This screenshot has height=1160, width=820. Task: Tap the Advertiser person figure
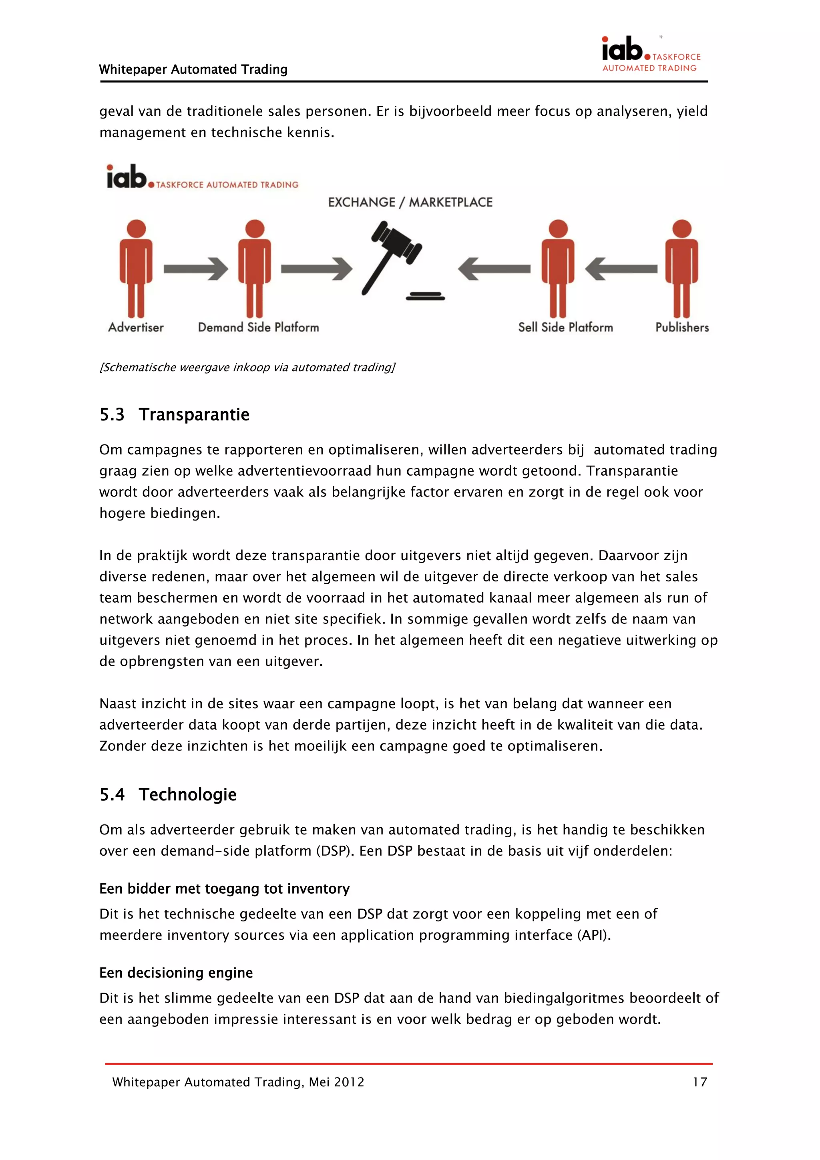(136, 268)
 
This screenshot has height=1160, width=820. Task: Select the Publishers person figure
(681, 268)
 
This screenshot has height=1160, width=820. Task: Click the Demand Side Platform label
(258, 328)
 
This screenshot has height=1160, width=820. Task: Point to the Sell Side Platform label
(565, 328)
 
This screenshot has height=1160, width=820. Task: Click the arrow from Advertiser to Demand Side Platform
(196, 268)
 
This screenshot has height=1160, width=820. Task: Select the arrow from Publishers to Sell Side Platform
(621, 268)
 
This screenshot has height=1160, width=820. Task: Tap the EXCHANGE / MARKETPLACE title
(410, 202)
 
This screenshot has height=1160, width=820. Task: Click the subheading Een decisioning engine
(176, 973)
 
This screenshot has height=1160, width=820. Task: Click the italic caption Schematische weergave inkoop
(247, 367)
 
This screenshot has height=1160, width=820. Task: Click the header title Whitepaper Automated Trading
(193, 69)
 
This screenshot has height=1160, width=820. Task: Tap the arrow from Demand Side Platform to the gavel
(316, 268)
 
